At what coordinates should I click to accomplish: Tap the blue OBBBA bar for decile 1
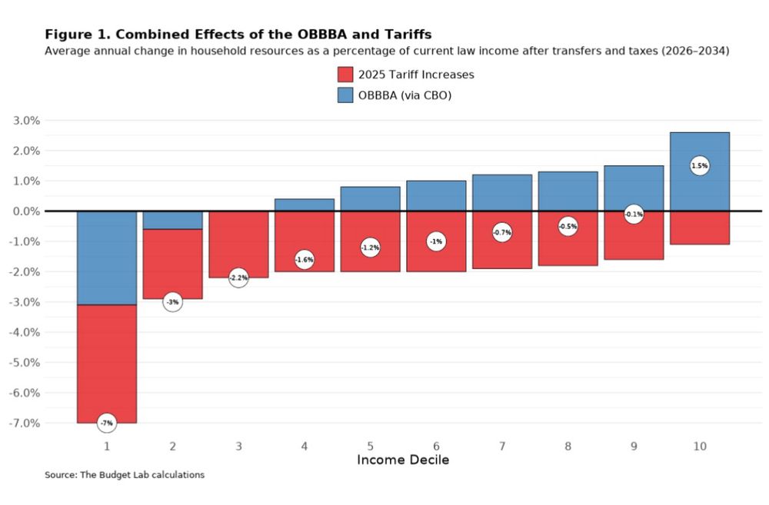pyautogui.click(x=107, y=257)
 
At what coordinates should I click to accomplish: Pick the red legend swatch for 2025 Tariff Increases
pyautogui.click(x=345, y=75)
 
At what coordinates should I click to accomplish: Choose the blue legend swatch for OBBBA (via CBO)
pyautogui.click(x=345, y=95)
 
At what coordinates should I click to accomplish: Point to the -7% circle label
pyautogui.click(x=107, y=423)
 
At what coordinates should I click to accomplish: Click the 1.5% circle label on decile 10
pyautogui.click(x=700, y=165)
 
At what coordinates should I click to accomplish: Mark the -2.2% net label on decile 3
pyautogui.click(x=238, y=277)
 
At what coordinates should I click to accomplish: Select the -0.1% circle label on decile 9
pyautogui.click(x=634, y=214)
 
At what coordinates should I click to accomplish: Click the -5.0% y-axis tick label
pyautogui.click(x=25, y=363)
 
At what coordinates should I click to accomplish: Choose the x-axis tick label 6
pyautogui.click(x=436, y=446)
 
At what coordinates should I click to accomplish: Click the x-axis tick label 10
pyautogui.click(x=700, y=446)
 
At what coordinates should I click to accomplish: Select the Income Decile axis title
pyautogui.click(x=403, y=460)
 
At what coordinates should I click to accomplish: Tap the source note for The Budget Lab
pyautogui.click(x=125, y=475)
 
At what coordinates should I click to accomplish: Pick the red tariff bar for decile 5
pyautogui.click(x=370, y=261)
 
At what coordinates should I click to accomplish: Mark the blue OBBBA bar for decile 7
pyautogui.click(x=502, y=193)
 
